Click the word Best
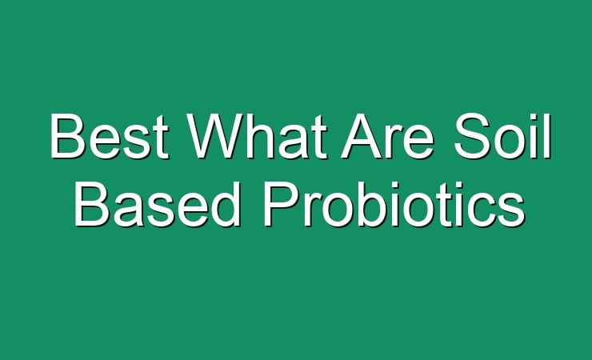[x=110, y=136]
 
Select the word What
[x=258, y=136]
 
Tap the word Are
[x=387, y=136]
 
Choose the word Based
[x=158, y=204]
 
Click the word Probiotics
[x=394, y=204]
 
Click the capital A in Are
[x=362, y=136]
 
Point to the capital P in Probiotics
[x=282, y=204]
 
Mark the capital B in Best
[x=67, y=136]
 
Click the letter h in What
[x=264, y=136]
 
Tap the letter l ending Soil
[x=547, y=136]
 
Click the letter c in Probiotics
[x=476, y=210]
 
